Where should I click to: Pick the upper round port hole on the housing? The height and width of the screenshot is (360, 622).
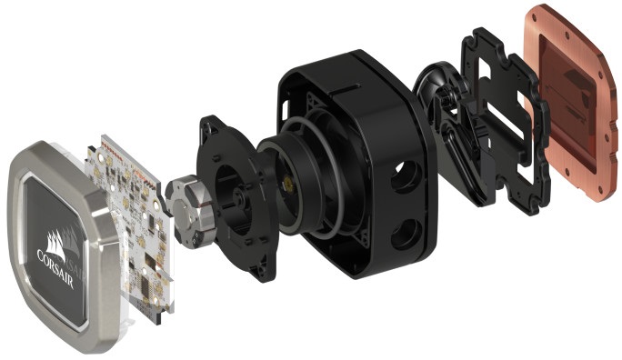click(406, 175)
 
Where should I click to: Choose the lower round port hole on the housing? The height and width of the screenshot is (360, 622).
click(406, 234)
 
